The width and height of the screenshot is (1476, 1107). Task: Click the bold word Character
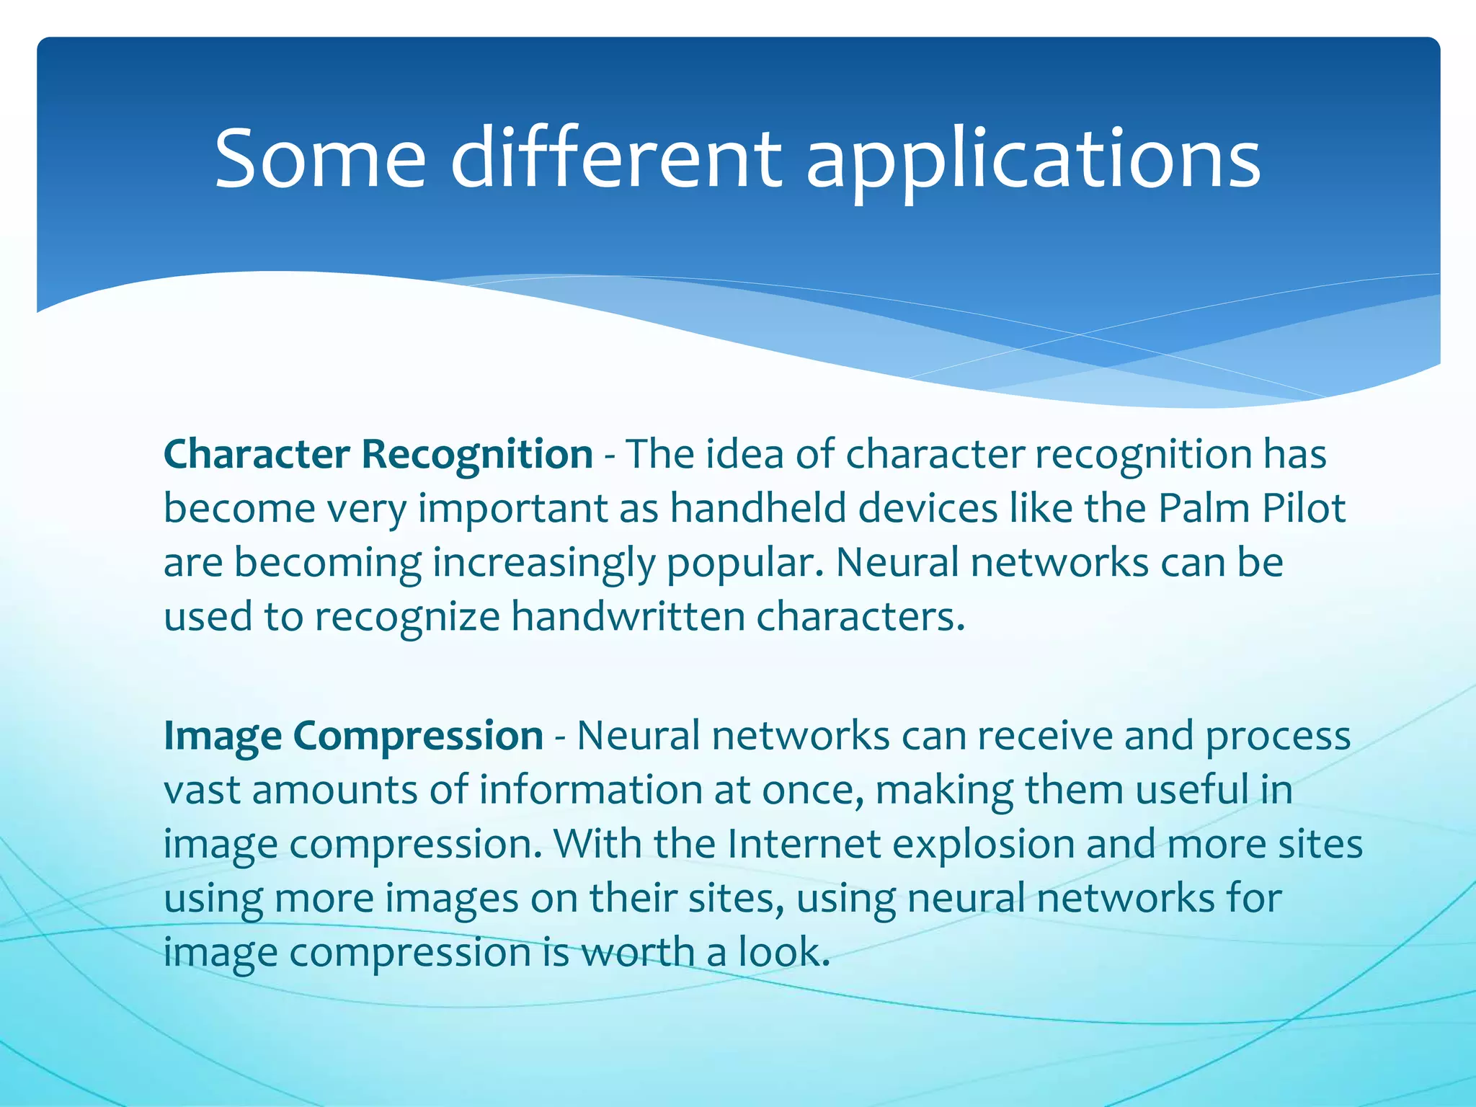257,455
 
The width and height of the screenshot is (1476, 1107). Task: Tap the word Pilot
1304,509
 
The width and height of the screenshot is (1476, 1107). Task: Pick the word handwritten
627,618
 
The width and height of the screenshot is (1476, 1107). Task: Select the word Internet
804,844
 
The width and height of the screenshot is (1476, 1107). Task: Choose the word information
590,790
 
